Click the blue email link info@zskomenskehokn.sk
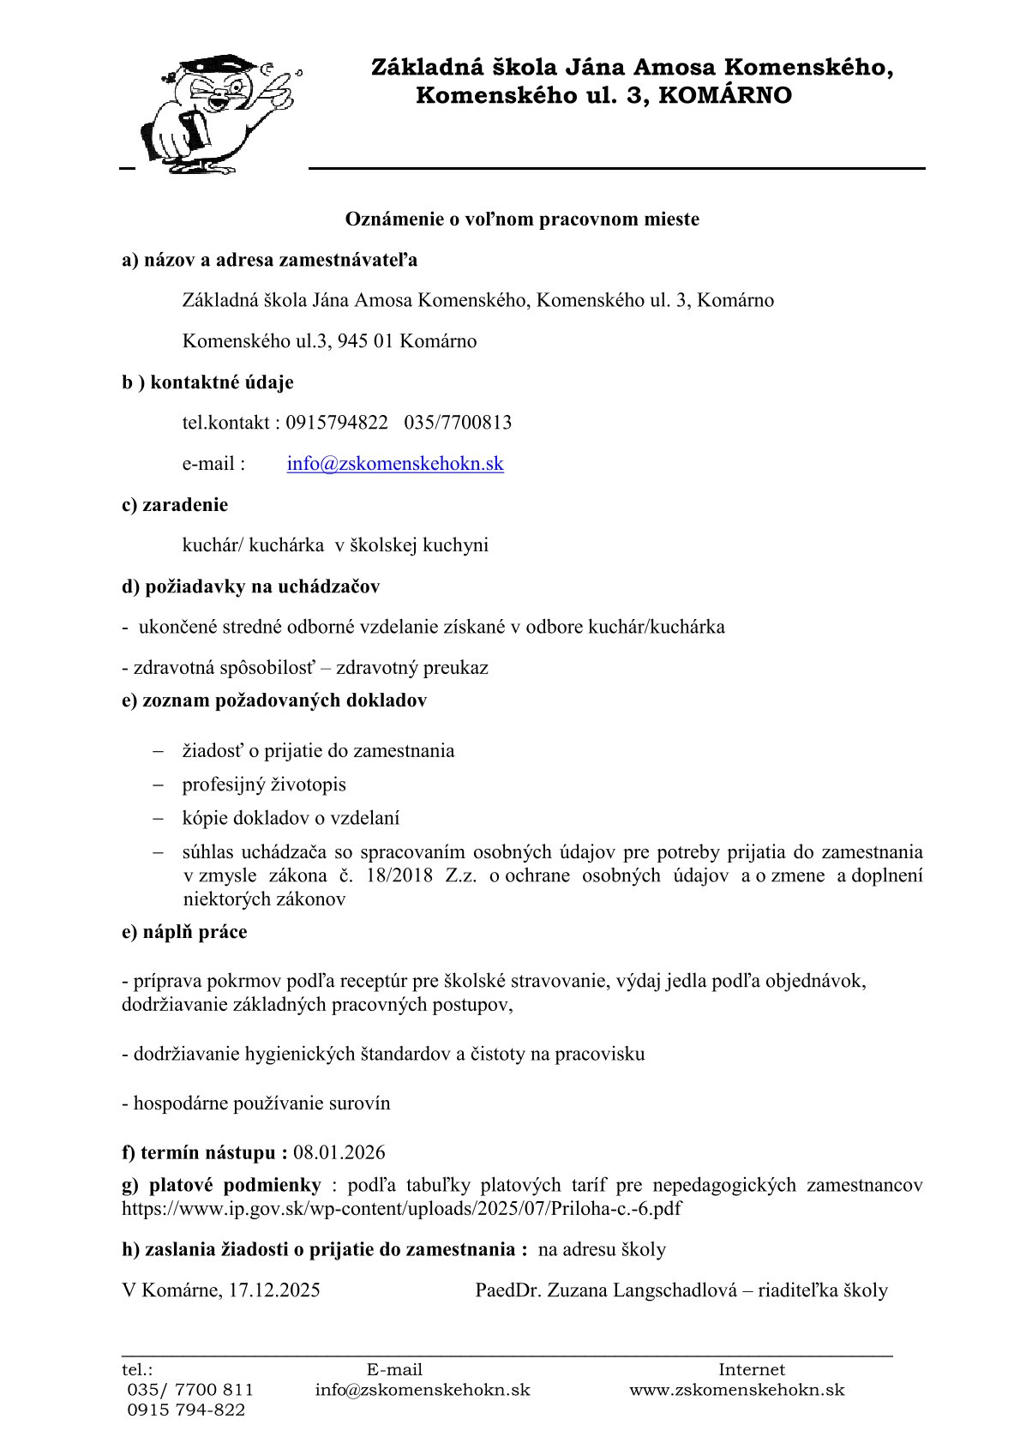coord(395,464)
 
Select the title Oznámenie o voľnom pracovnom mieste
coord(522,219)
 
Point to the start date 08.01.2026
coord(339,1152)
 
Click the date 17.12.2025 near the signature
coord(274,1290)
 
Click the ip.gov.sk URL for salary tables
coord(402,1209)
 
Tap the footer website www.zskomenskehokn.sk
coord(737,1390)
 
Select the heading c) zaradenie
coord(175,505)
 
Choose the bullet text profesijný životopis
coord(264,785)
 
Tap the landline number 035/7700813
coord(458,423)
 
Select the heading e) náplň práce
coord(184,932)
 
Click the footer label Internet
coord(751,1370)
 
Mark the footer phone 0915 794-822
coord(186,1410)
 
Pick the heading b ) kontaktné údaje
coord(207,382)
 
